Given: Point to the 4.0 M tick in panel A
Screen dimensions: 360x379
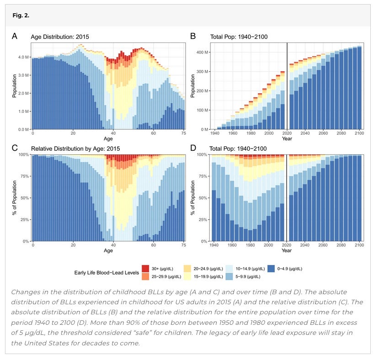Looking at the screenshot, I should (22, 57).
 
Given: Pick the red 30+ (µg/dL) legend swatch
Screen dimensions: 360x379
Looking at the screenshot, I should (145, 268).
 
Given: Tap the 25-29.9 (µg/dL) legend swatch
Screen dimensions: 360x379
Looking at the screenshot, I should (145, 276).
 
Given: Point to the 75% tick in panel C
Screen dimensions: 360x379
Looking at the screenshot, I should (23, 176).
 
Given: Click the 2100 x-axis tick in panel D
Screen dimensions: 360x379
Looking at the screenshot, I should (359, 245).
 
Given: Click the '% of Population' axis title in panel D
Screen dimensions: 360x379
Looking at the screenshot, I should (193, 197).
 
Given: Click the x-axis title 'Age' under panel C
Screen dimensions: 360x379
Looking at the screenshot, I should (108, 250).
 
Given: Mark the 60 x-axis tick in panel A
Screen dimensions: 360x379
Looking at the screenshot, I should (154, 133).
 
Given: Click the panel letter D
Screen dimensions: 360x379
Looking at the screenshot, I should (193, 148).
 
